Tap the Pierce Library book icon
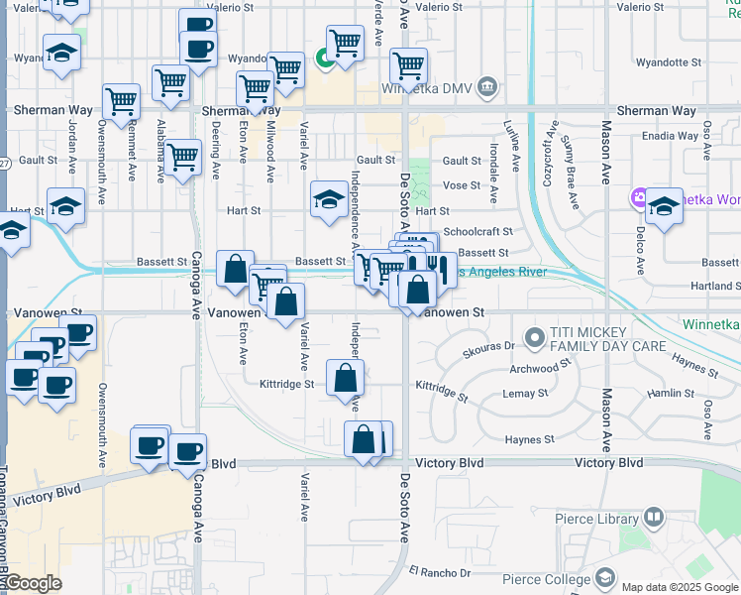point(654,517)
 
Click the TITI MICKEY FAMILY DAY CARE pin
point(536,338)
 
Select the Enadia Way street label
point(669,135)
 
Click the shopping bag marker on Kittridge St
point(345,378)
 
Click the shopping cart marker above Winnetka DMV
point(408,66)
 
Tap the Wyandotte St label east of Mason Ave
point(668,62)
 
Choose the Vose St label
point(461,185)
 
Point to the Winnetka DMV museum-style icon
point(486,88)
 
